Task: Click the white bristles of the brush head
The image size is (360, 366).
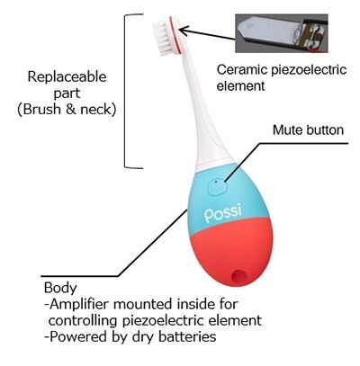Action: pyautogui.click(x=161, y=38)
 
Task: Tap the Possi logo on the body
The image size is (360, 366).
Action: pyautogui.click(x=222, y=213)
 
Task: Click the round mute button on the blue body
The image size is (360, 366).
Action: pyautogui.click(x=217, y=187)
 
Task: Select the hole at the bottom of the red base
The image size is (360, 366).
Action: pyautogui.click(x=239, y=275)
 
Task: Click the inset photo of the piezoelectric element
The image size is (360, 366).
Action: pyautogui.click(x=281, y=33)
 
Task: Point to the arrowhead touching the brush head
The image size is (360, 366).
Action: pyautogui.click(x=184, y=30)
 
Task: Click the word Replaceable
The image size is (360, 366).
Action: pyautogui.click(x=67, y=76)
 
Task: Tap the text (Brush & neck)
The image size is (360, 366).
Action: pyautogui.click(x=67, y=109)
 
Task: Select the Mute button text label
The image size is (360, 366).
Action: pyautogui.click(x=308, y=130)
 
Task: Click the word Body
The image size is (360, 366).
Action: pyautogui.click(x=60, y=288)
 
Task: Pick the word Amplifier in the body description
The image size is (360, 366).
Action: pyautogui.click(x=79, y=305)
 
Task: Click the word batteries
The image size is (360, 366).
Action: pyautogui.click(x=187, y=336)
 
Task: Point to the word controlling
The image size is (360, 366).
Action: pyautogui.click(x=83, y=320)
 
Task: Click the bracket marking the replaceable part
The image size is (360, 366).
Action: pyautogui.click(x=125, y=91)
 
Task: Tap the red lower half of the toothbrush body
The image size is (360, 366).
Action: pyautogui.click(x=229, y=252)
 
